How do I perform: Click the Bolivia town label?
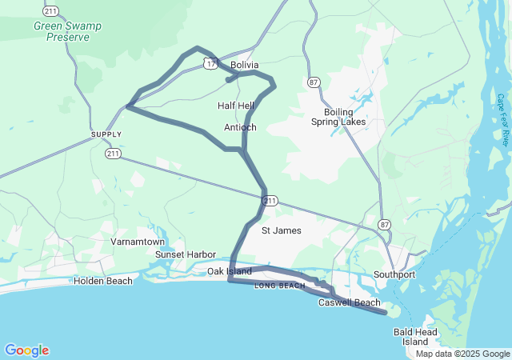tap(244, 65)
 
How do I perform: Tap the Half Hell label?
tap(235, 106)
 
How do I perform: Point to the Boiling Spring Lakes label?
tap(338, 117)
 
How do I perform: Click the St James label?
tap(282, 230)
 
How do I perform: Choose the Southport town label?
tap(394, 274)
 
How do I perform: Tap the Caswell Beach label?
tap(350, 302)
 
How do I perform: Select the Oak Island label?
tap(230, 272)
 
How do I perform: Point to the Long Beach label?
tap(279, 286)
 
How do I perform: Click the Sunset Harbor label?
tap(186, 254)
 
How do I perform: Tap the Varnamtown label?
tap(138, 242)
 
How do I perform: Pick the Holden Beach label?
tap(103, 281)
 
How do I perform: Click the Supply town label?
tap(106, 134)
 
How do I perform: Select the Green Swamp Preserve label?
tap(68, 31)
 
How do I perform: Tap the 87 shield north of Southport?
tap(386, 224)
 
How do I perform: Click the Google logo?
tap(26, 350)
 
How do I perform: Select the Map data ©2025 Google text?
tap(462, 354)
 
